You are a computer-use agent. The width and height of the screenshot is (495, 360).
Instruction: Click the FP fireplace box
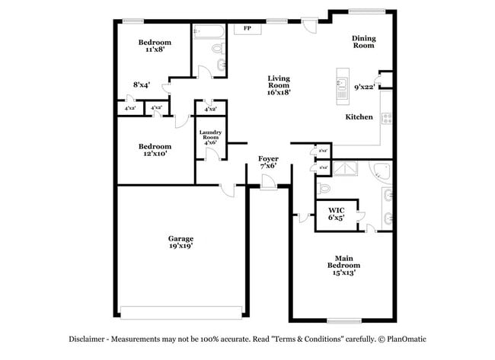pos(247,29)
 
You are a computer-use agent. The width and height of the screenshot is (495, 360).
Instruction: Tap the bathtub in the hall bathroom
pos(208,31)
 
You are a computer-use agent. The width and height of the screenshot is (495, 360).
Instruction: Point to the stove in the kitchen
pos(386,118)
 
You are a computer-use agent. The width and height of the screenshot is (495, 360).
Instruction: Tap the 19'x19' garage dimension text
pos(180,246)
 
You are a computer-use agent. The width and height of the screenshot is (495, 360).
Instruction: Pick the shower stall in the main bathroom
pos(347,169)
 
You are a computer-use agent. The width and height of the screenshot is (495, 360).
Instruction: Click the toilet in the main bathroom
pos(324,187)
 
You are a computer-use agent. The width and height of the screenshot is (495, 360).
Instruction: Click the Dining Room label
pos(363,42)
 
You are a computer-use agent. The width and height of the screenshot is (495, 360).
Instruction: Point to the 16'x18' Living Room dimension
pos(279,91)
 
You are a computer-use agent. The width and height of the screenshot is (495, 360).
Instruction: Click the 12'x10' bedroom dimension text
pos(154,153)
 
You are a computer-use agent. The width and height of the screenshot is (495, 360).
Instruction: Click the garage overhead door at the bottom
pos(181,311)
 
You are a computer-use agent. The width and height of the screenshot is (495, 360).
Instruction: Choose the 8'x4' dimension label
pos(141,84)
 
